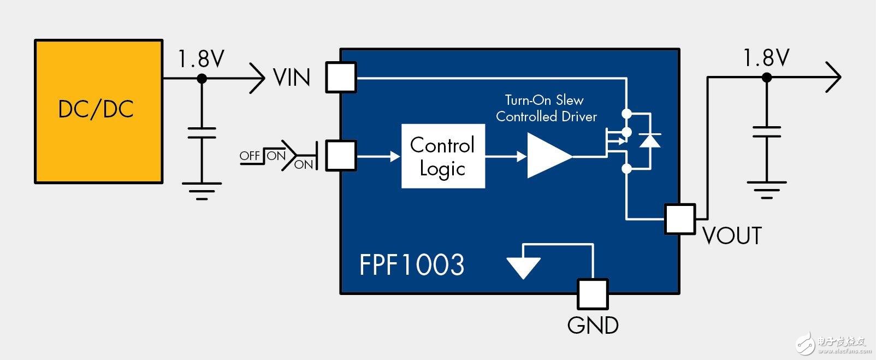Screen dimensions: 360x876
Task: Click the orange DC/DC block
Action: pyautogui.click(x=98, y=111)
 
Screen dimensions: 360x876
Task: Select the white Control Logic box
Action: pyautogui.click(x=443, y=157)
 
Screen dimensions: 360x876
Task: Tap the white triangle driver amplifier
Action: pyautogui.click(x=548, y=156)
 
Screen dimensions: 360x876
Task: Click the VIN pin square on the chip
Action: pyautogui.click(x=341, y=78)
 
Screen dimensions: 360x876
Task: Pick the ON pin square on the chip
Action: pyautogui.click(x=341, y=156)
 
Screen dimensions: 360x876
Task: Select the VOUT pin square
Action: pyautogui.click(x=680, y=219)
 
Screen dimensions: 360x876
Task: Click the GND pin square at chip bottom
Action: pyautogui.click(x=593, y=294)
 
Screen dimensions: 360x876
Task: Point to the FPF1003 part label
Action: pyautogui.click(x=411, y=265)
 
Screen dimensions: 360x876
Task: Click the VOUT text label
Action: pyautogui.click(x=732, y=236)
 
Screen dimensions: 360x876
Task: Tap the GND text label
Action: pyautogui.click(x=593, y=326)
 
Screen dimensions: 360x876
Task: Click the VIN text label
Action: pyautogui.click(x=292, y=78)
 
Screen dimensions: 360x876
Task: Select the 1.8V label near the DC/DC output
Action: pyautogui.click(x=201, y=59)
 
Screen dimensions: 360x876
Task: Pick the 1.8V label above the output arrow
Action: pyautogui.click(x=766, y=58)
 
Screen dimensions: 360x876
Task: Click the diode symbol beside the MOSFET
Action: pyautogui.click(x=650, y=140)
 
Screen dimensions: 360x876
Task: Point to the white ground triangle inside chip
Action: pyautogui.click(x=523, y=267)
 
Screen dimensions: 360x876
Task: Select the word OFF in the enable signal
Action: pyautogui.click(x=250, y=156)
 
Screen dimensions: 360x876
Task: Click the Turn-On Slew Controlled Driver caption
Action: pyautogui.click(x=546, y=108)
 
